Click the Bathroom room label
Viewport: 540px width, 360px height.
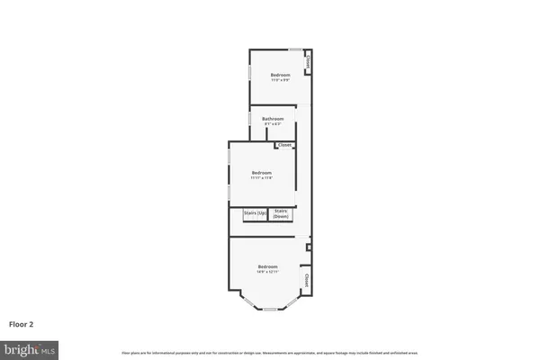pos(273,119)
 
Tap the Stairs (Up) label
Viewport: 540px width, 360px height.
pos(255,213)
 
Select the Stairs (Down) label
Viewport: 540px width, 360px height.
pos(281,214)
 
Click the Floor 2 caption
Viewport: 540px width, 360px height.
pos(22,324)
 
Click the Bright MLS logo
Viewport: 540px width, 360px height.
pos(30,347)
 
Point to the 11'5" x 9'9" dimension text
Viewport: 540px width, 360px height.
pos(281,80)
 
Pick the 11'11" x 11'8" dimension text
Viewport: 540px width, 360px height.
pos(262,178)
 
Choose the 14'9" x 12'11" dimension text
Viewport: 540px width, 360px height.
pos(268,272)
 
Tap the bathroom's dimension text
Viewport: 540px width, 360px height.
pos(273,124)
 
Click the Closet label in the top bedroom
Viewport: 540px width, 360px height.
pos(308,64)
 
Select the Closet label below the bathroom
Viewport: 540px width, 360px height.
pos(284,145)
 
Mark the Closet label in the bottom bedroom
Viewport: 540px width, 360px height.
pos(306,281)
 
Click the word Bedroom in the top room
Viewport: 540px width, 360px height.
pos(281,75)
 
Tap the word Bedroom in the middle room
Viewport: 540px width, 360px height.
pos(262,173)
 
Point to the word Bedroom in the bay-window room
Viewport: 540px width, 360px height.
pos(268,266)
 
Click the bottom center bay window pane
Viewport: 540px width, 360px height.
pos(268,310)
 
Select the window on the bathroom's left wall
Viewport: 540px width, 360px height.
pos(249,120)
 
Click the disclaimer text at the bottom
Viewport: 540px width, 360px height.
pos(269,351)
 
